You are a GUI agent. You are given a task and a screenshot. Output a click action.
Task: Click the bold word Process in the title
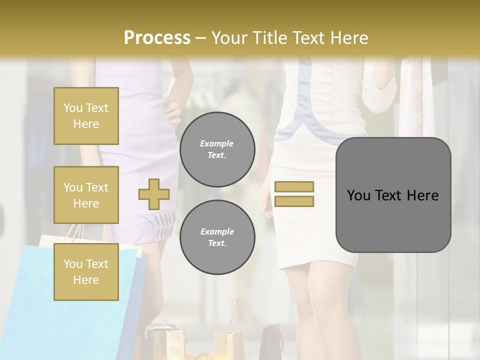tap(157, 37)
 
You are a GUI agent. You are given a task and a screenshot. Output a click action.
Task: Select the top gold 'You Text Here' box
tap(86, 116)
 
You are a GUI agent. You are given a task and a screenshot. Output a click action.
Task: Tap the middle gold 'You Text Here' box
tap(86, 195)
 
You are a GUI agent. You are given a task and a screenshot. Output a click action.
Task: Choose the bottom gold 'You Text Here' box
tap(86, 272)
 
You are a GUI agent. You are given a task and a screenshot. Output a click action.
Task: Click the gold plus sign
tap(154, 194)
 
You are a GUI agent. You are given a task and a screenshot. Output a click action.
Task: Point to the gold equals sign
tap(294, 194)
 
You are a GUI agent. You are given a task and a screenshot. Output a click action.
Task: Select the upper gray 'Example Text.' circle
tap(217, 149)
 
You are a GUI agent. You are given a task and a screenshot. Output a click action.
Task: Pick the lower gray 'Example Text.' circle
tap(217, 237)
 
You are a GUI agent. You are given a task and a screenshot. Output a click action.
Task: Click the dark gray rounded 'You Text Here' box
tap(393, 195)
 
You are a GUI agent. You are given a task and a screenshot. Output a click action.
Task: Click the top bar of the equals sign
tap(294, 187)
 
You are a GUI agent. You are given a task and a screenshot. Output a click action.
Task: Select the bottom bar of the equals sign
tap(294, 201)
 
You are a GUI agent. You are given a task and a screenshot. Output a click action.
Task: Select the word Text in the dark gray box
tap(389, 195)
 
